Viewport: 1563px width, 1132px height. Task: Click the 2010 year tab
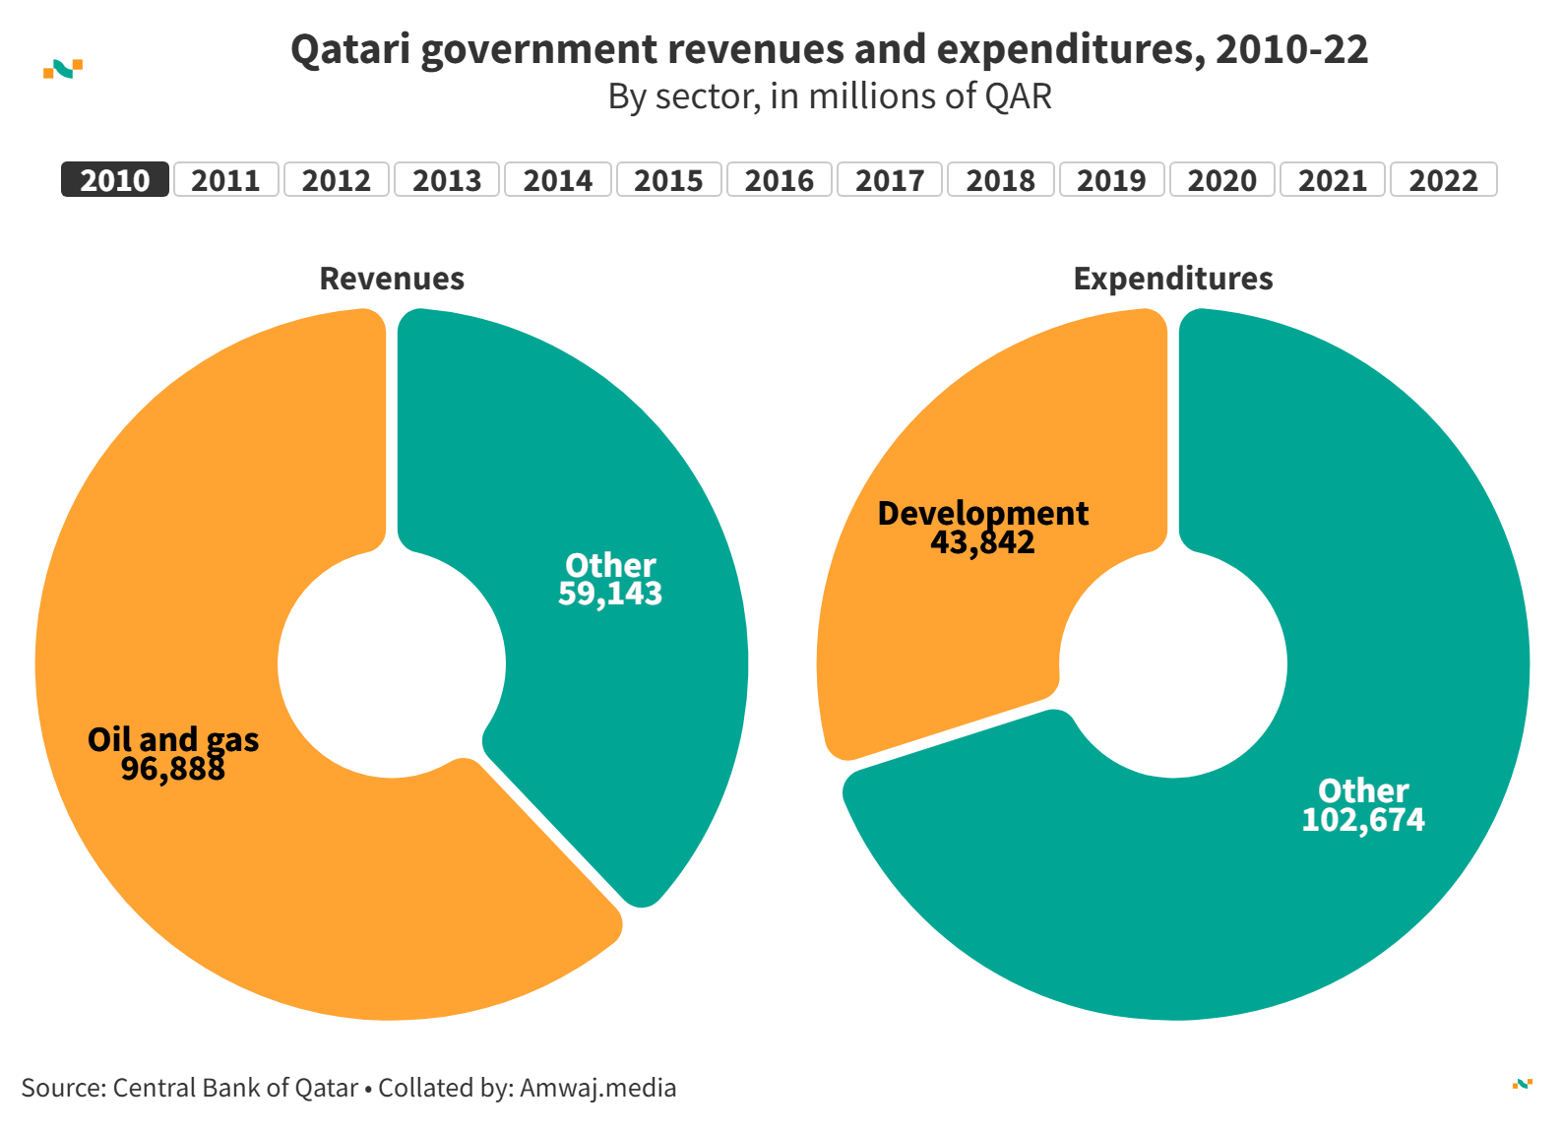[115, 180]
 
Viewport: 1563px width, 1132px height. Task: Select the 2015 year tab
[668, 180]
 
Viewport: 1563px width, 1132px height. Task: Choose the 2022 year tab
[1443, 180]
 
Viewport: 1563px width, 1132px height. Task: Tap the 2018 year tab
[1000, 180]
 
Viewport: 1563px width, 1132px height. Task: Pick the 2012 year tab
[336, 180]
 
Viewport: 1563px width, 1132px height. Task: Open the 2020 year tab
[1221, 180]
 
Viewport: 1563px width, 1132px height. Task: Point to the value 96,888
[173, 769]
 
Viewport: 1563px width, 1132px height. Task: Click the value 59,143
[610, 594]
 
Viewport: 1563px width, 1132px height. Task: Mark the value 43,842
[982, 542]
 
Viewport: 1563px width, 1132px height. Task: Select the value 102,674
[1363, 820]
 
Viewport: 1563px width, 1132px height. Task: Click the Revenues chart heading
[392, 279]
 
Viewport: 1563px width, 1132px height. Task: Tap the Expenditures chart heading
[1173, 279]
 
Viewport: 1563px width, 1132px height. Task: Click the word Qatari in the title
[349, 49]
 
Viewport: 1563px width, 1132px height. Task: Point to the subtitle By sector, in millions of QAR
[830, 96]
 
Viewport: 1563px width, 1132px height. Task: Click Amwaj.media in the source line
[598, 1088]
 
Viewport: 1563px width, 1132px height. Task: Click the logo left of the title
[63, 69]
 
